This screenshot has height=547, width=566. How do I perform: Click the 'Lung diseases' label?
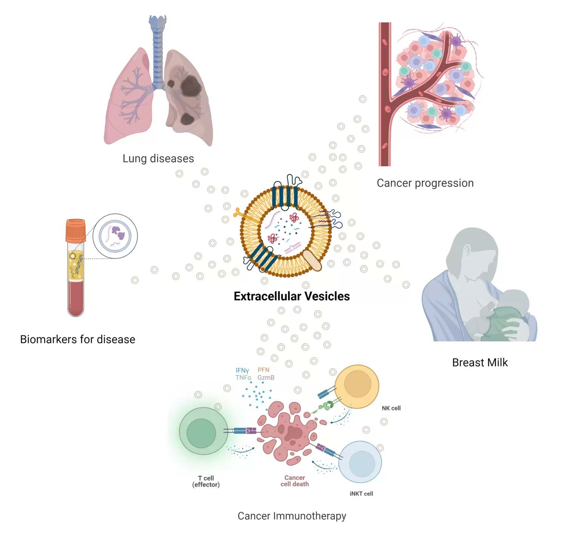coord(158,158)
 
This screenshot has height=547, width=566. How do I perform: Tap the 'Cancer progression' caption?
coord(425,183)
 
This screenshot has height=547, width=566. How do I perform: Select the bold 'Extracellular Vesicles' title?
coord(292,296)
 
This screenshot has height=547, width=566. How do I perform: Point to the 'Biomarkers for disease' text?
coord(77,339)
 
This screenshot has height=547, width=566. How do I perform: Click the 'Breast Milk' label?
coord(480,363)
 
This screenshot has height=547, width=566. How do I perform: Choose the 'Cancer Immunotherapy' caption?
coord(292,516)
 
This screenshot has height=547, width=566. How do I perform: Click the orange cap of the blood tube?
coord(75,230)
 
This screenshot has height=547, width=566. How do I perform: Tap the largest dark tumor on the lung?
coord(190,86)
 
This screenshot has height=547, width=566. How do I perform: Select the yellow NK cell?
coord(357,386)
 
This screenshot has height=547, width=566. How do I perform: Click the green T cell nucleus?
coord(201,433)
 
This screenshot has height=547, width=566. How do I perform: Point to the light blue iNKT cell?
coord(360,462)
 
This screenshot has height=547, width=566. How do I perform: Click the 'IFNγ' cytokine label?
coord(242,371)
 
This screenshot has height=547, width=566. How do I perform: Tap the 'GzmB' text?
coord(266,378)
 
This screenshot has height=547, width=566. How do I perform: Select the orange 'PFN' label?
coord(263,370)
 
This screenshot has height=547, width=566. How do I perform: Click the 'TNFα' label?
coord(243,378)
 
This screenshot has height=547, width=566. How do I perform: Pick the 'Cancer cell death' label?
coord(295,481)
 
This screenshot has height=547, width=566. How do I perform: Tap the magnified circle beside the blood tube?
coord(115,236)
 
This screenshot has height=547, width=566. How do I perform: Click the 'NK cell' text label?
coord(391,408)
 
